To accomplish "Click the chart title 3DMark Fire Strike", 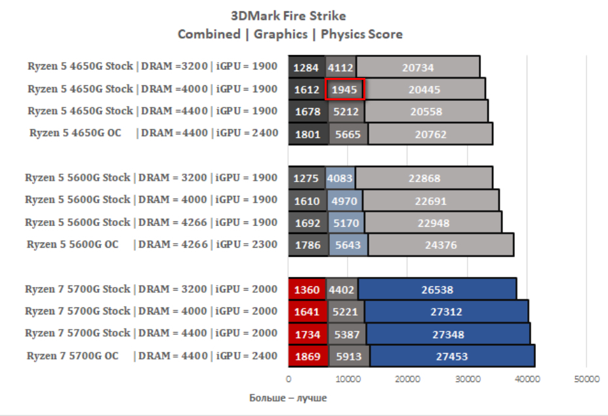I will pyautogui.click(x=288, y=16).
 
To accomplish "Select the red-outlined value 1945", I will pyautogui.click(x=345, y=89).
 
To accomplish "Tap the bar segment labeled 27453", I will pyautogui.click(x=452, y=356).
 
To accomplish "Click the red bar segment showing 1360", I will pyautogui.click(x=307, y=289).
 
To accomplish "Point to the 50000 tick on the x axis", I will pyautogui.click(x=586, y=379).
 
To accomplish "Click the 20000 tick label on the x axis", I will pyautogui.click(x=407, y=379).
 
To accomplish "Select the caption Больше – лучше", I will pyautogui.click(x=288, y=398).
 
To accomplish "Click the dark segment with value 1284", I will pyautogui.click(x=306, y=67).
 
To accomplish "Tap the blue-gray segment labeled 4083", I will pyautogui.click(x=340, y=178).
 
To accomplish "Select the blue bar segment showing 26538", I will pyautogui.click(x=437, y=289).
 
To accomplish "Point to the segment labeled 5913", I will pyautogui.click(x=348, y=356).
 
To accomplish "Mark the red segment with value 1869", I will pyautogui.click(x=307, y=356).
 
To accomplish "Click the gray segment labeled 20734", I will pyautogui.click(x=417, y=67).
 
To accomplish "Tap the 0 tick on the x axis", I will pyautogui.click(x=289, y=379).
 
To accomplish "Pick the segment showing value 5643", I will pyautogui.click(x=348, y=246).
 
